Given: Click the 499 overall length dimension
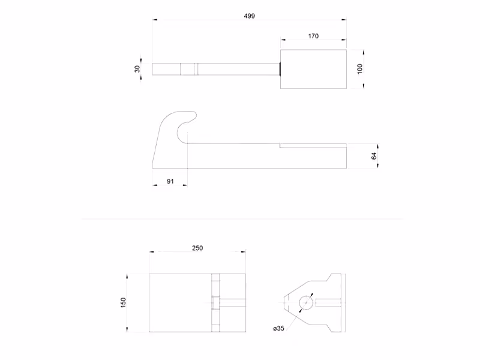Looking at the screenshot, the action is point(250,16).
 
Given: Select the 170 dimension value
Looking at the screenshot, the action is point(313,36).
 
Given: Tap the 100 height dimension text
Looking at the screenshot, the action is point(360,68).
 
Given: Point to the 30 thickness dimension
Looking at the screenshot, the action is point(137,69).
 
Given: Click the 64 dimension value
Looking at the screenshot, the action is point(374,156).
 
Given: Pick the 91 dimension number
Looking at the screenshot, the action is point(170,181).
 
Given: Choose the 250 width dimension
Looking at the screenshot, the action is point(197,248).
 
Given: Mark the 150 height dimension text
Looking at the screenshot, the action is point(124,302).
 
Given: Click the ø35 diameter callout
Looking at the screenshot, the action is point(278,328).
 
